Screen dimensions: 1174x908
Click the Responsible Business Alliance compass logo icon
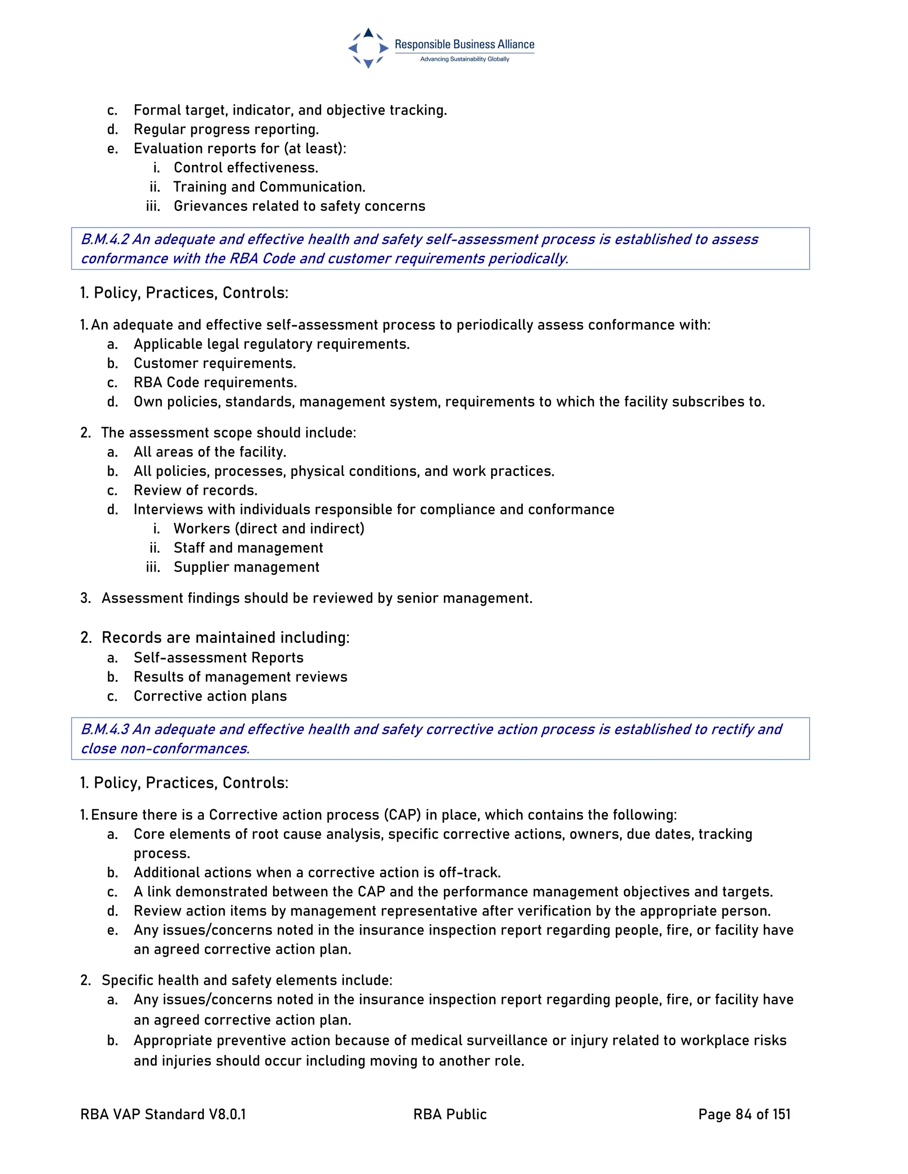tap(368, 48)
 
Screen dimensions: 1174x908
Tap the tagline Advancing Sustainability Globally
tap(464, 59)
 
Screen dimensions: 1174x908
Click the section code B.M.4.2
tap(105, 239)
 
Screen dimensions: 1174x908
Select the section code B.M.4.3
tap(105, 730)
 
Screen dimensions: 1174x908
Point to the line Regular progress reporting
tap(226, 129)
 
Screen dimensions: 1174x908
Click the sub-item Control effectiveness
tap(246, 168)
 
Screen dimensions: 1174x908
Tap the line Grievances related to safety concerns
tap(299, 206)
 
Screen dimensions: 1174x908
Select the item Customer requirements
tap(215, 363)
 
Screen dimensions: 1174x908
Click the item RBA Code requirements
tap(215, 383)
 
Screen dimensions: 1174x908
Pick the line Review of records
tap(195, 491)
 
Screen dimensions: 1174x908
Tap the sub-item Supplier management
tap(247, 568)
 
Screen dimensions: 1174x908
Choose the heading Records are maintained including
tap(225, 638)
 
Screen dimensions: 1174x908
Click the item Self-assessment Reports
tap(219, 658)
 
